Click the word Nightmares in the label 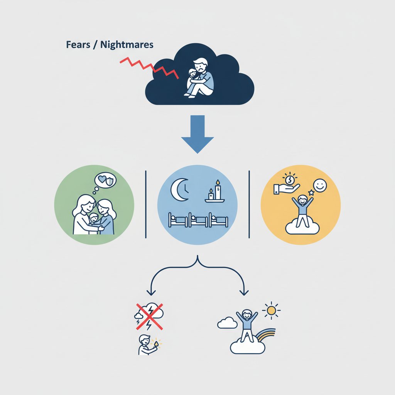pyautogui.click(x=127, y=45)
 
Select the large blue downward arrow pyautogui.click(x=197, y=133)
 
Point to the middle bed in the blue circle pyautogui.click(x=197, y=220)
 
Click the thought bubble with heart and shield pyautogui.click(x=105, y=181)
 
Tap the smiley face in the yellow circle pyautogui.click(x=320, y=186)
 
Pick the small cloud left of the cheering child pyautogui.click(x=227, y=323)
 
